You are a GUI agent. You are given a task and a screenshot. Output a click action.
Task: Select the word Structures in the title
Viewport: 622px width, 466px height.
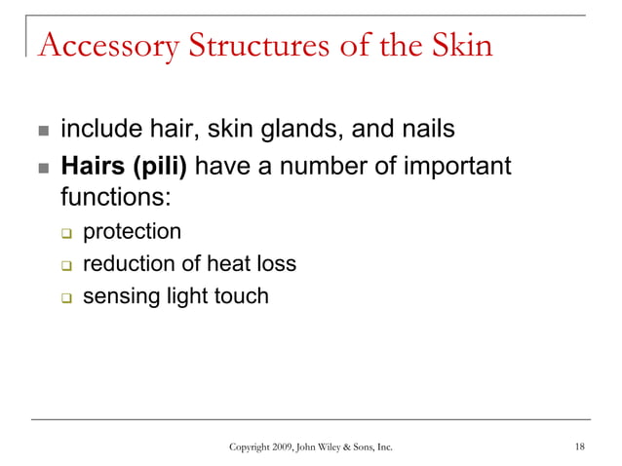point(246,46)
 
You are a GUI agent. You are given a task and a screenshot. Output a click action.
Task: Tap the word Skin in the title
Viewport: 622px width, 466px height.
point(458,46)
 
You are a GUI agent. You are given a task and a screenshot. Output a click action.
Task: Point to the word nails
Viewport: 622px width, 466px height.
point(427,130)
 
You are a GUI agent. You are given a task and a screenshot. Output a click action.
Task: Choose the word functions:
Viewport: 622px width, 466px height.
point(116,198)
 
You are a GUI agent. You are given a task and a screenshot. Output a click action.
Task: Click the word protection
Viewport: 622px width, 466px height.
point(132,232)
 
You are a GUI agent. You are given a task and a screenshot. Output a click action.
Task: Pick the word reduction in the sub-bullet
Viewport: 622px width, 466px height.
point(125,263)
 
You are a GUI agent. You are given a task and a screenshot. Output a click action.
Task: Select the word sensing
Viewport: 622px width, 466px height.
point(120,296)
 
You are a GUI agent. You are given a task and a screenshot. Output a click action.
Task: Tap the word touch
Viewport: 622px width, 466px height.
point(240,295)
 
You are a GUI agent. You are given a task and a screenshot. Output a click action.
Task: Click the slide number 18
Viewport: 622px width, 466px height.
point(580,447)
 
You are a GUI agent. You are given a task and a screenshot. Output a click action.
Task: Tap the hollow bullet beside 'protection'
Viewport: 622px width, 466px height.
point(66,233)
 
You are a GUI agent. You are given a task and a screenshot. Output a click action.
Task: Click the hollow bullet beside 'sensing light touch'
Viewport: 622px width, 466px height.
point(66,296)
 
